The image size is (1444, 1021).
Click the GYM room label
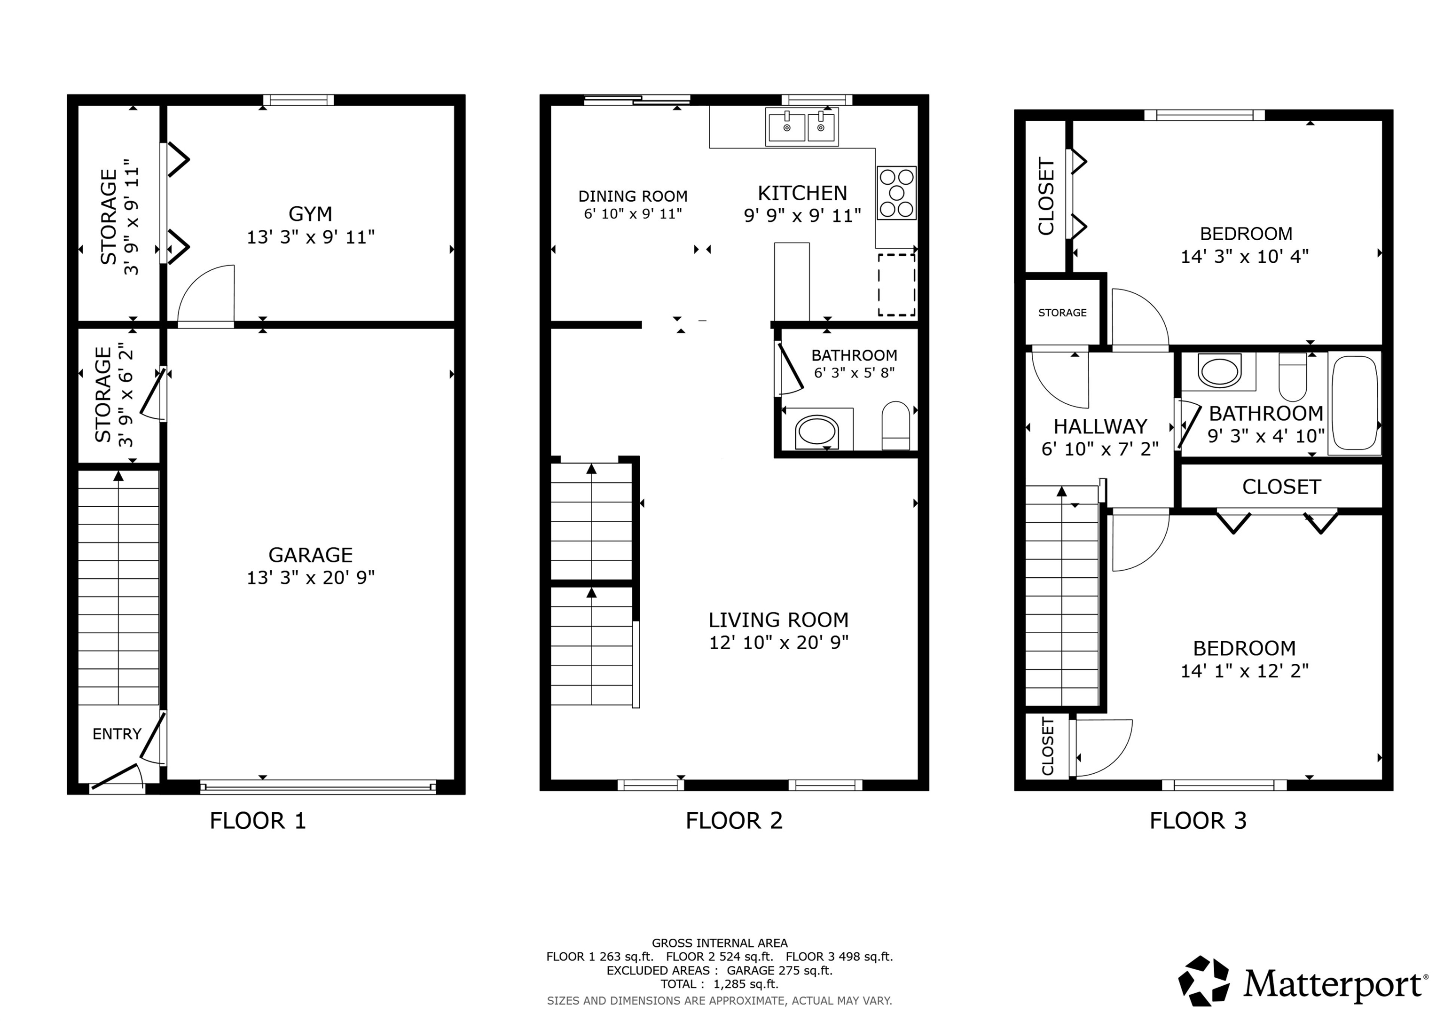tap(310, 214)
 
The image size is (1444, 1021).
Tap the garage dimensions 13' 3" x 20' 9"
tap(310, 578)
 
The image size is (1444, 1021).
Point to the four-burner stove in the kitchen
tap(896, 193)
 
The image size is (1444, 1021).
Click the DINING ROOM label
tap(633, 196)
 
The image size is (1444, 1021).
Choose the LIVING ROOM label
tap(778, 620)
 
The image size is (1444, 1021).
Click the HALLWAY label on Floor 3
tap(1100, 426)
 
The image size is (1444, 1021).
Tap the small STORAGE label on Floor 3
tap(1062, 313)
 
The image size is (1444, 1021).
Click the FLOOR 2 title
tap(733, 820)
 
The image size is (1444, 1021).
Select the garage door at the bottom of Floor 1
tap(318, 786)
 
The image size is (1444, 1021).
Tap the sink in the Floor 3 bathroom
tap(1219, 372)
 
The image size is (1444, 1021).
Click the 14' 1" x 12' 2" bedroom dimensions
tap(1244, 671)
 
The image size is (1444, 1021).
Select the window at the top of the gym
tap(298, 100)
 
